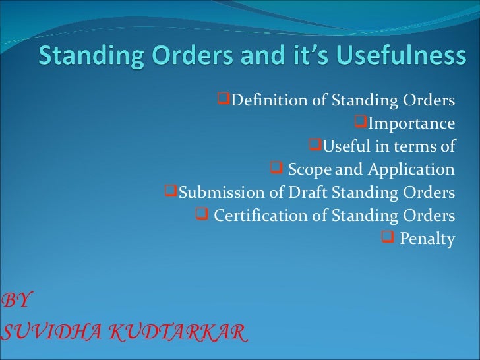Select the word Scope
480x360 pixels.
coord(310,169)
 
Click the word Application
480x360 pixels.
coord(411,169)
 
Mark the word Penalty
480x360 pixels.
coord(427,239)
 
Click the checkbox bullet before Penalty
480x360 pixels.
coord(388,237)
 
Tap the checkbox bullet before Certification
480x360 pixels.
coord(202,214)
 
